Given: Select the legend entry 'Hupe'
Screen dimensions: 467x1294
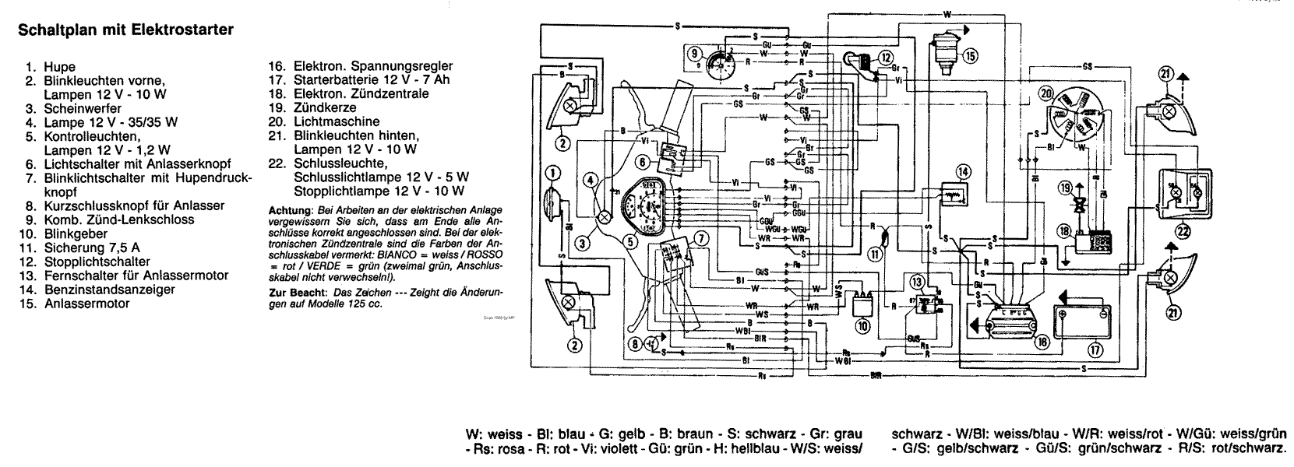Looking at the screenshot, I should click(x=60, y=68).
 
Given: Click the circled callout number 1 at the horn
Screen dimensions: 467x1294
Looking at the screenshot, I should click(x=552, y=173).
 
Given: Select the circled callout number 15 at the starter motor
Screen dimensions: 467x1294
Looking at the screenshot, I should click(x=968, y=55).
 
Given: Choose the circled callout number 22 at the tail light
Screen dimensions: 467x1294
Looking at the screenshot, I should click(x=1183, y=230).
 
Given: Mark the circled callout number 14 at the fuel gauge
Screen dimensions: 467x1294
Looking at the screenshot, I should click(x=964, y=170).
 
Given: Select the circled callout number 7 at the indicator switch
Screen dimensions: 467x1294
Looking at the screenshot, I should click(x=702, y=239).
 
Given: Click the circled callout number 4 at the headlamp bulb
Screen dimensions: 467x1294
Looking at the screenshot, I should click(x=592, y=181).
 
